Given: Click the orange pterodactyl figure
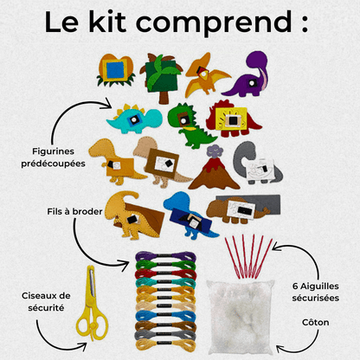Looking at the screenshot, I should click(x=204, y=74).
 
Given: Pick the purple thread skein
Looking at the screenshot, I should click(x=157, y=257).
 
